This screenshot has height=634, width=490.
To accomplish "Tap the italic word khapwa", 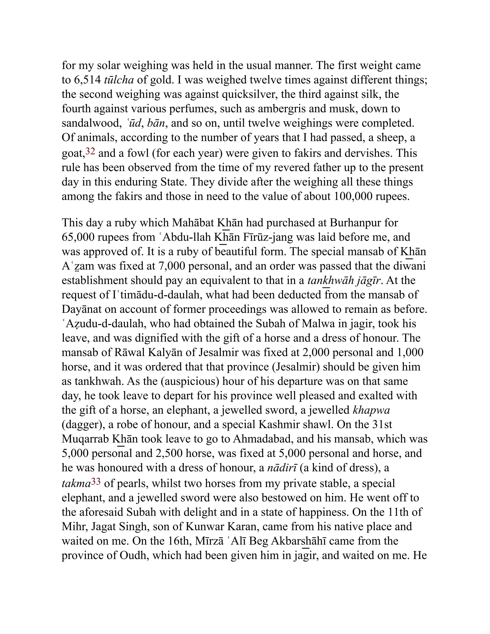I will coord(371,410).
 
